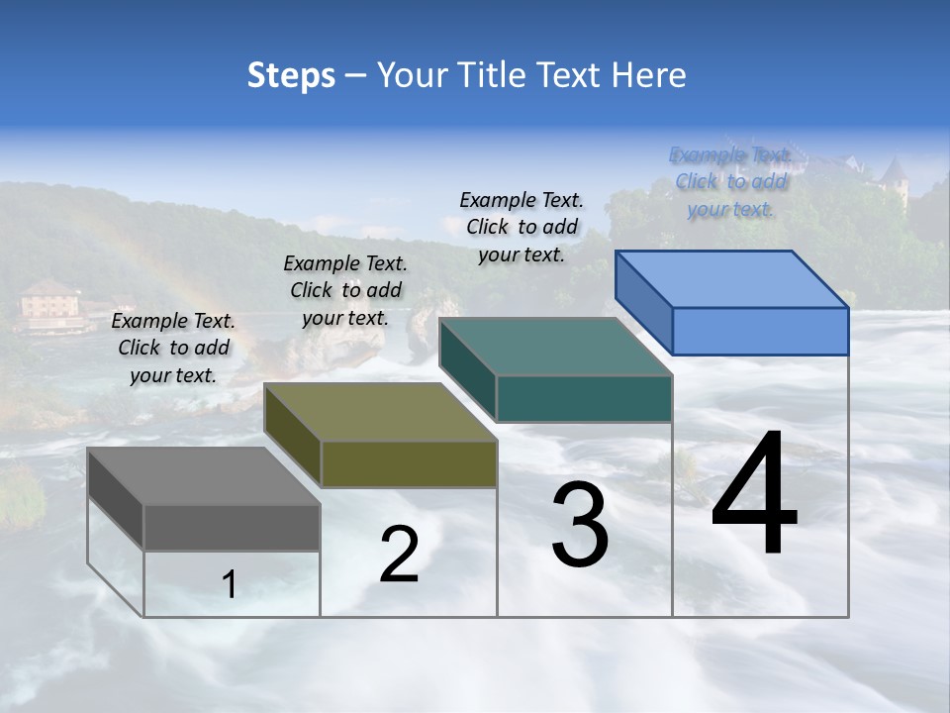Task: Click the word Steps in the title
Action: (291, 75)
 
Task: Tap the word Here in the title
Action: (648, 75)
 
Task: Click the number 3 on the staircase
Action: (579, 526)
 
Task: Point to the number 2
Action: (399, 555)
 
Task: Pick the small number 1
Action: (230, 584)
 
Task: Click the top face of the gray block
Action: (203, 475)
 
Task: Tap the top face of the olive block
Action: (380, 412)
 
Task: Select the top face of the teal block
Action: (555, 347)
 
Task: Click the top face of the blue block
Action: (731, 279)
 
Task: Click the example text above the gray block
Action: (173, 348)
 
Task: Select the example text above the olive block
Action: (345, 290)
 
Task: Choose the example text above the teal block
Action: (522, 227)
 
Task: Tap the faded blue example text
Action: (730, 181)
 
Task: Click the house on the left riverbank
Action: (50, 303)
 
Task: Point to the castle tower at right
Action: (893, 179)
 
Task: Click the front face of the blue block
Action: (760, 331)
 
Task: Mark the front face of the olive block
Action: (409, 463)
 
